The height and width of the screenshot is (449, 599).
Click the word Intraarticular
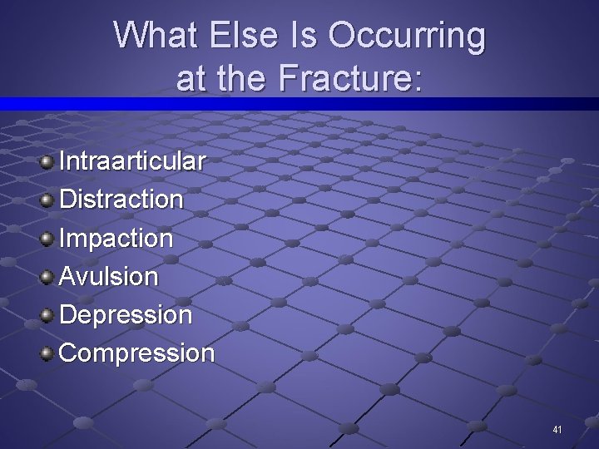[x=132, y=160]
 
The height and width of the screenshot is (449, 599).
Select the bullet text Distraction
[x=121, y=200]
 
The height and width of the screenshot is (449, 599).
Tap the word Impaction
[x=116, y=239]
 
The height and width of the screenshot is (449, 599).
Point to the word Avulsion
[x=109, y=277]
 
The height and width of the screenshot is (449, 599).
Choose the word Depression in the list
[x=126, y=315]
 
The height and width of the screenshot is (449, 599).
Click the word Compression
[x=137, y=353]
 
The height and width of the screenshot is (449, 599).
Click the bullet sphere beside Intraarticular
[x=47, y=160]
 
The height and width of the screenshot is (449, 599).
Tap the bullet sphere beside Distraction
[x=47, y=199]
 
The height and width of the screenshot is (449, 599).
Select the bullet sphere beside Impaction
[x=47, y=237]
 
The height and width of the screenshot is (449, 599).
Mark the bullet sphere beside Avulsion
[x=47, y=276]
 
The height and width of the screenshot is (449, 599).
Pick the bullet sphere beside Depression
[x=47, y=314]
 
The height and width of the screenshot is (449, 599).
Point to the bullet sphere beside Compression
[x=47, y=353]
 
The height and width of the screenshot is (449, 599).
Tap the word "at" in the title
[x=191, y=78]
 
